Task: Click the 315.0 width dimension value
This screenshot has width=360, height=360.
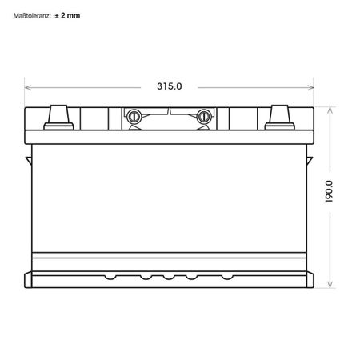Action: (170, 86)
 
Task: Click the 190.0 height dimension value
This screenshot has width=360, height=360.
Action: (329, 191)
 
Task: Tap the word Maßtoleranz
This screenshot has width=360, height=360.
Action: (32, 16)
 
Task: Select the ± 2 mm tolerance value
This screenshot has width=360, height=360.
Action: (67, 15)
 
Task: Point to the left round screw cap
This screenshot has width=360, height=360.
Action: (134, 117)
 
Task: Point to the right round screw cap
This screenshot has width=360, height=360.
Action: (204, 117)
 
